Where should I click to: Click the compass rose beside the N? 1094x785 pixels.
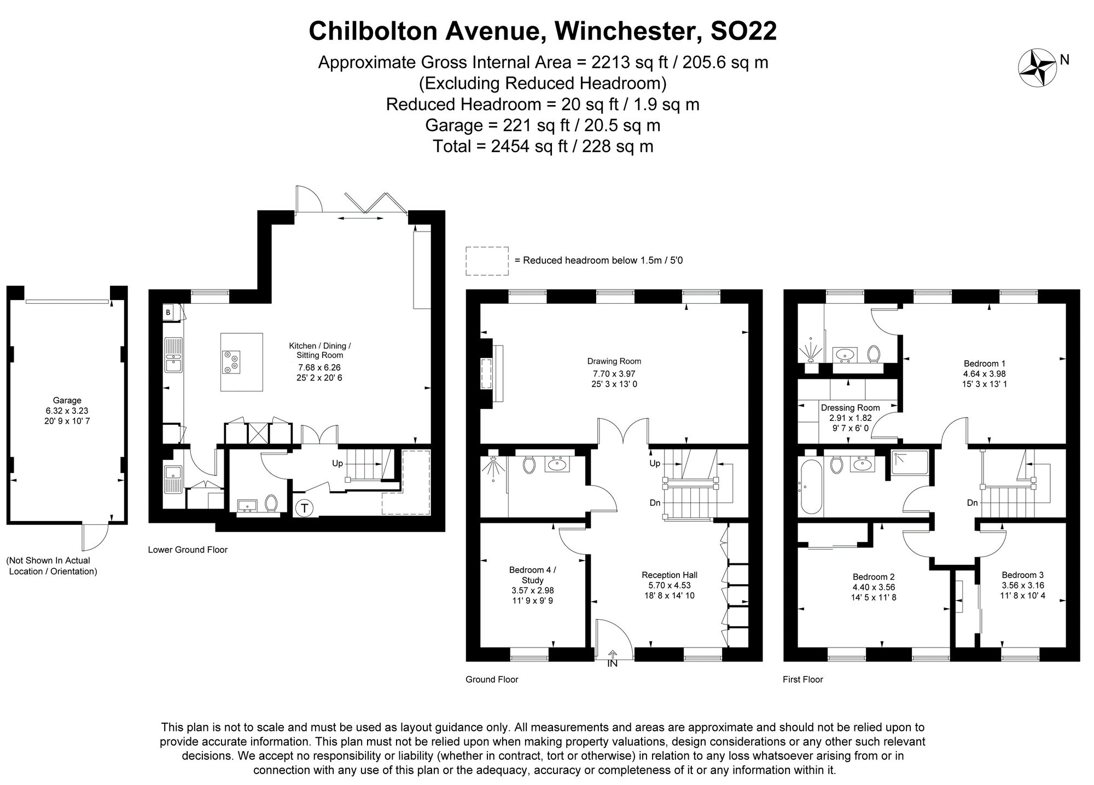click(x=1036, y=68)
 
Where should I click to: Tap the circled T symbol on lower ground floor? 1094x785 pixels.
click(x=304, y=509)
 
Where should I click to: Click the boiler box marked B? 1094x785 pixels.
click(x=168, y=313)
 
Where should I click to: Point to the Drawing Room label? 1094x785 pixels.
click(x=614, y=361)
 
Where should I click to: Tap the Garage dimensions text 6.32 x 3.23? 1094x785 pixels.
click(x=67, y=411)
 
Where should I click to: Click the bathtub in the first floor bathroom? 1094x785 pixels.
click(x=810, y=486)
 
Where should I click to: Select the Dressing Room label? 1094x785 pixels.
click(x=850, y=408)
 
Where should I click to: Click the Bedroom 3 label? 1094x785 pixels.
click(x=1022, y=575)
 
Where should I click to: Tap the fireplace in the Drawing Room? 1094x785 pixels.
click(x=486, y=374)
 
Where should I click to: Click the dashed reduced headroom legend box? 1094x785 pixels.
click(x=487, y=261)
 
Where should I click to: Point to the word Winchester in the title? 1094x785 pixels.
click(x=627, y=31)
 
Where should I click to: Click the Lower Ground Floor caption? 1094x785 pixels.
click(x=188, y=550)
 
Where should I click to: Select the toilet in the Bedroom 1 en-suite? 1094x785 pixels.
click(x=873, y=354)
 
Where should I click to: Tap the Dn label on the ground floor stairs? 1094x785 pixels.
click(x=655, y=503)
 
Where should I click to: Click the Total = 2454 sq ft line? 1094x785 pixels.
click(x=543, y=147)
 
